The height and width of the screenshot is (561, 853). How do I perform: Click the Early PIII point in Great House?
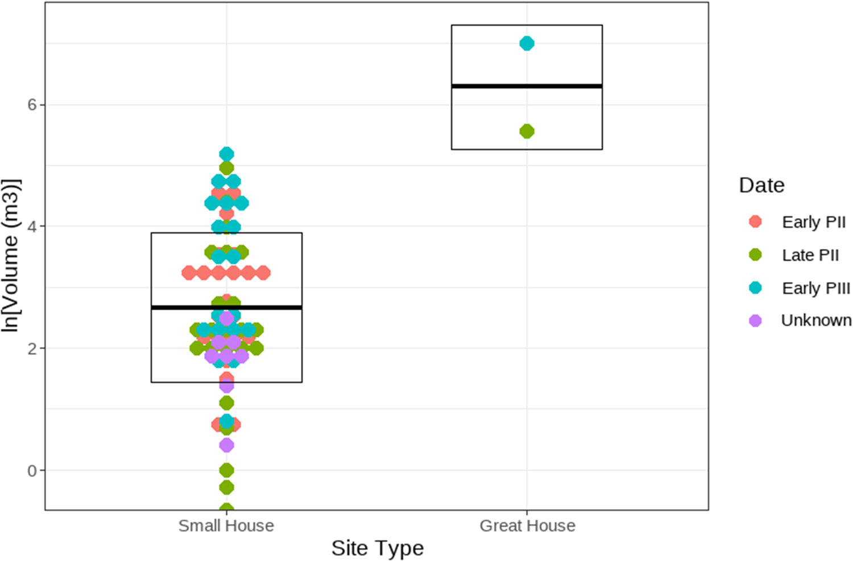tap(527, 43)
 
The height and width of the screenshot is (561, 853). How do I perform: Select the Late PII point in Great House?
tap(527, 131)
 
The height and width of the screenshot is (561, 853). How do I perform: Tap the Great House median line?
tap(527, 86)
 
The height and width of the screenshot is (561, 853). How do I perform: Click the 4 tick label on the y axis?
tap(32, 226)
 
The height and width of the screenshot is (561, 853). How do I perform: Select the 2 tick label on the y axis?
tap(32, 348)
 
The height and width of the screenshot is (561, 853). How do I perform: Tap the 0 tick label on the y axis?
tap(32, 471)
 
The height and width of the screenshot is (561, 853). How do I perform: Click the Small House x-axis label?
tap(226, 526)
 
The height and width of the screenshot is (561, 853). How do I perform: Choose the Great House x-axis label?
tap(527, 526)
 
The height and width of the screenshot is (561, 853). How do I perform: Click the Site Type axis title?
tap(378, 548)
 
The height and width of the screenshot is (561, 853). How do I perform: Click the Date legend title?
tap(761, 185)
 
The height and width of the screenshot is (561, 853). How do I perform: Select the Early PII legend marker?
tap(755, 222)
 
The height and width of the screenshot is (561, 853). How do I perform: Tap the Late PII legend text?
tap(810, 255)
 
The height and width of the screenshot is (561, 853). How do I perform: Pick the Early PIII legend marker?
tap(755, 288)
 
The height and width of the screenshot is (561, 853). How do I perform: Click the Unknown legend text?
tap(816, 321)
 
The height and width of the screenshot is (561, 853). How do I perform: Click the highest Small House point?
tap(226, 153)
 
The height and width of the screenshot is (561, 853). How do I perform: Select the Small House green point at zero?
tap(226, 470)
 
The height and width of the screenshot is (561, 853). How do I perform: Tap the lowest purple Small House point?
tap(226, 445)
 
